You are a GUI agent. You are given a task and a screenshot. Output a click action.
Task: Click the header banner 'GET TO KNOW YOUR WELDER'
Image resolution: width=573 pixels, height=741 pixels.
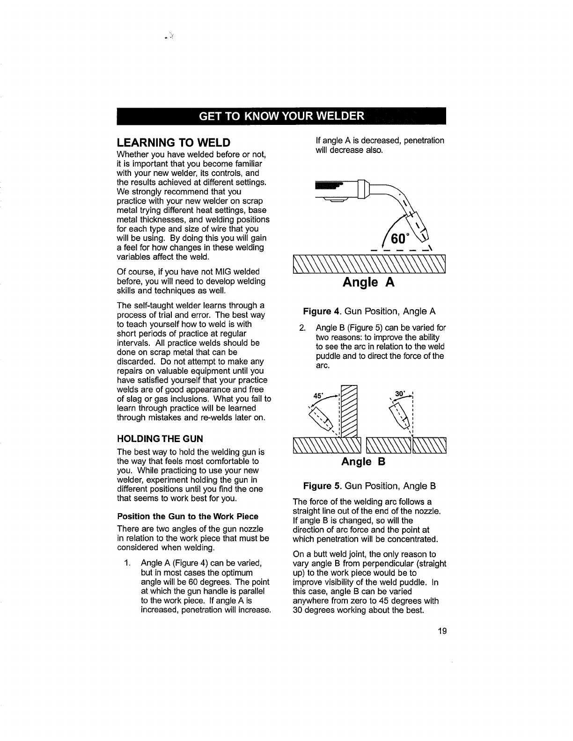[281, 116]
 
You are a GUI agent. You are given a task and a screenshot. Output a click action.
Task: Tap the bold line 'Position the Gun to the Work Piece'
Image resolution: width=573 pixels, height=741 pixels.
[187, 516]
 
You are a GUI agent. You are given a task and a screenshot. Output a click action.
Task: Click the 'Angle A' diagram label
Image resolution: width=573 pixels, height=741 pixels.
[369, 282]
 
